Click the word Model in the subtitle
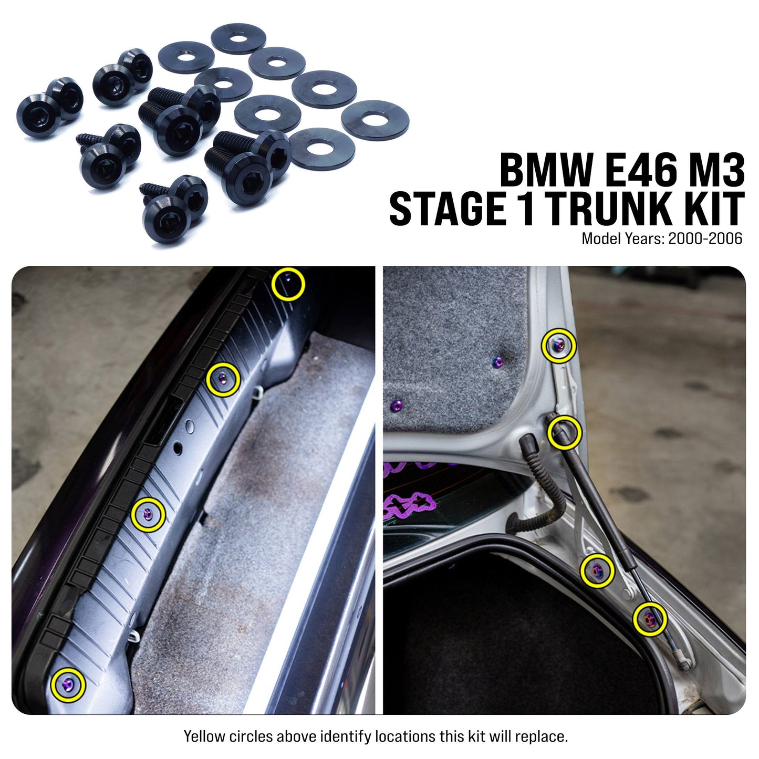point(601,239)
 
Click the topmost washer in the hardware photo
point(238,38)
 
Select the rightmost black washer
point(375,120)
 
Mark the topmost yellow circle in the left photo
point(288,284)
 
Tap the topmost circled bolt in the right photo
point(559,346)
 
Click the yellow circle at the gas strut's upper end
point(564,432)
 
